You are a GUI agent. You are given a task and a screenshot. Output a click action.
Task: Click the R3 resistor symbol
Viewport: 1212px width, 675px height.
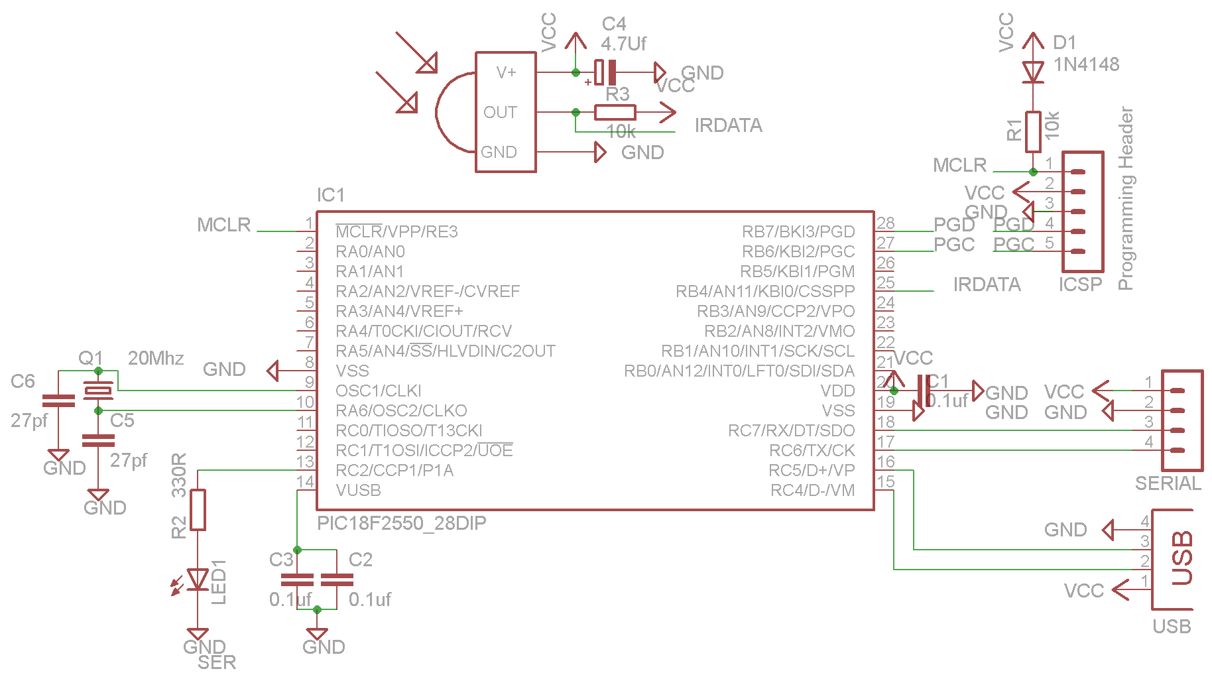tap(615, 112)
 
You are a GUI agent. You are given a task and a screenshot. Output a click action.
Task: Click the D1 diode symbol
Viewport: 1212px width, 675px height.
tap(1032, 72)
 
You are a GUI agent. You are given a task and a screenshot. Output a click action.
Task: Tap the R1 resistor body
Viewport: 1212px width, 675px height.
tap(1033, 132)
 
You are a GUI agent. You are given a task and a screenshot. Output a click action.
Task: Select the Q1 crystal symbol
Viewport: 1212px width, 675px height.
tap(98, 391)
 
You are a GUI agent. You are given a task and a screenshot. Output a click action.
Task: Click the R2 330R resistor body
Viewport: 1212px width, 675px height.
tap(198, 509)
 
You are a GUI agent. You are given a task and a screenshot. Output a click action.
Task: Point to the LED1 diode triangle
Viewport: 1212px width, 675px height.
tap(198, 580)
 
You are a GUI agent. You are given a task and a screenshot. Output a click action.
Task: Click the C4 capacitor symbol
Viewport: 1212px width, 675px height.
tap(605, 72)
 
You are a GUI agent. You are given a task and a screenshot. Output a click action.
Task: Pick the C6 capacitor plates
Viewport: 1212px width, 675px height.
tap(58, 400)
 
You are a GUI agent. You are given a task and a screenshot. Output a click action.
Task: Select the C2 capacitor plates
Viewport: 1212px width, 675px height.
tap(337, 580)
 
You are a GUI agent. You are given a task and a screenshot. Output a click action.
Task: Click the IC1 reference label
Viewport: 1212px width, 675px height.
tap(331, 195)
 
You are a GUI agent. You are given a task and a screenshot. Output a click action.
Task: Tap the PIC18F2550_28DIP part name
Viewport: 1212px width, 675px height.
tap(401, 523)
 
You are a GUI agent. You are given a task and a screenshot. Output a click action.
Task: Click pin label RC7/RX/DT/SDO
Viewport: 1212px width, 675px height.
tap(791, 430)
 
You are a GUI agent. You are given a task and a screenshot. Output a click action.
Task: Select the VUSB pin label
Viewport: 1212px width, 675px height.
tap(358, 490)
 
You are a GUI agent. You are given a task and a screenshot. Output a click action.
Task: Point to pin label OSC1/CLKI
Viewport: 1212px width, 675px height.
tap(378, 391)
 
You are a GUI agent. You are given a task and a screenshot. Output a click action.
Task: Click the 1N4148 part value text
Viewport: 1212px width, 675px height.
tap(1086, 64)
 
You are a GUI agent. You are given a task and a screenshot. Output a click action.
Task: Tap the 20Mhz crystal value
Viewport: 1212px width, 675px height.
tap(156, 358)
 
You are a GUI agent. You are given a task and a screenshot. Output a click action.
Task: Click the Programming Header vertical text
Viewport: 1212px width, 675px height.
tap(1125, 198)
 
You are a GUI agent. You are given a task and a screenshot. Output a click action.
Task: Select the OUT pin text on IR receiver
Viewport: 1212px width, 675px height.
tap(500, 112)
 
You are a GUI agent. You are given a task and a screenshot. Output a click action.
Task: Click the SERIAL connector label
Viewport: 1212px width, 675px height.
tap(1168, 483)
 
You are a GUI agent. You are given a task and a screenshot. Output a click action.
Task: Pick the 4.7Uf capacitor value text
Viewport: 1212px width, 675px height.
tap(623, 44)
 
